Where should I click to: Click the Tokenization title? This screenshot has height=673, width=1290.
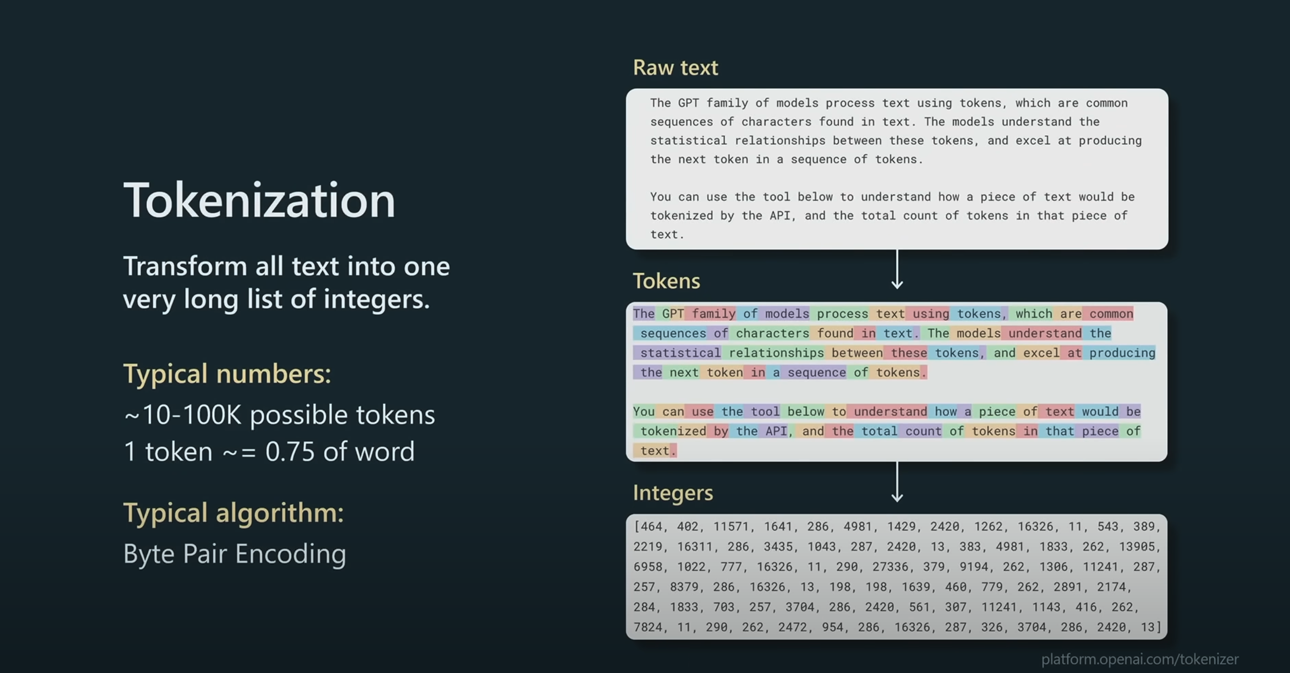coord(260,200)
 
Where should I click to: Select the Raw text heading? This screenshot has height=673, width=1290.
coord(675,68)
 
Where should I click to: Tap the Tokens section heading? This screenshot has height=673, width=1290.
coord(666,281)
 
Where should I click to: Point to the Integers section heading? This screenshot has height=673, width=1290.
coord(673,493)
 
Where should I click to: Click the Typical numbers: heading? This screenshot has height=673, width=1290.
coord(227,373)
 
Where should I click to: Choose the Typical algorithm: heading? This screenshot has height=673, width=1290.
coord(233,513)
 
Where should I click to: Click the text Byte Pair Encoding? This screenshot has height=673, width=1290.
coord(234,554)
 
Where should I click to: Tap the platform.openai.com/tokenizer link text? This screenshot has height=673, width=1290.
coord(1140,659)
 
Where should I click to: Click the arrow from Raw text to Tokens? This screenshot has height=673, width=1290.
coord(897,269)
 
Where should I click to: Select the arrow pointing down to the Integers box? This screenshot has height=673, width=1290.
coord(897,481)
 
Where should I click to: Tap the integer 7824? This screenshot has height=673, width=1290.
coord(648,627)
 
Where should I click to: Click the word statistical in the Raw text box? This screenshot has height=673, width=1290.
coord(689,141)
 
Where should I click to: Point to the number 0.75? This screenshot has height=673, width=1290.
coord(290,452)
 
